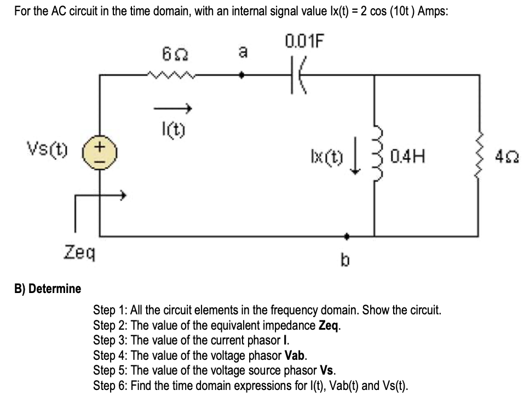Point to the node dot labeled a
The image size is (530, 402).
[x=244, y=77]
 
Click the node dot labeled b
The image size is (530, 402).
[x=345, y=237]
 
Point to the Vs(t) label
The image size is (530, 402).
[x=47, y=148]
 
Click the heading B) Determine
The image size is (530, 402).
[x=47, y=289]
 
